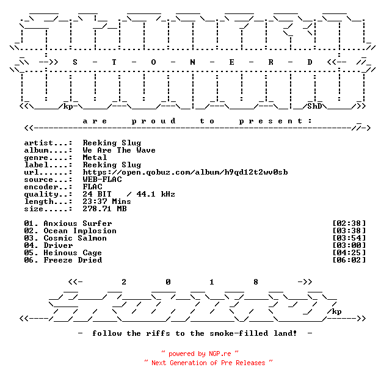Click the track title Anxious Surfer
(x=78, y=223)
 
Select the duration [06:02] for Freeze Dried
(x=349, y=259)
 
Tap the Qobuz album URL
(x=185, y=172)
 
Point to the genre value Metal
(x=95, y=158)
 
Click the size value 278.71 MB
(x=104, y=209)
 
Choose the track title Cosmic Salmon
(x=75, y=238)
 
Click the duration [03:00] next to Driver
(x=349, y=245)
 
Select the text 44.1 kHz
(x=156, y=194)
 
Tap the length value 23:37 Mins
(x=107, y=201)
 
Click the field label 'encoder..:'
(x=48, y=187)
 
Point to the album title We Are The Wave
(x=119, y=150)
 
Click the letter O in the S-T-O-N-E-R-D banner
(x=153, y=62)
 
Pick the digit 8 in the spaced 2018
(x=256, y=282)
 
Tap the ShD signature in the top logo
(x=314, y=106)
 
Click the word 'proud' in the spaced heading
(x=153, y=121)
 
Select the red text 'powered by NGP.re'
(x=200, y=354)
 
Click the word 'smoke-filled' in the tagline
(x=239, y=333)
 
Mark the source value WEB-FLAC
(x=103, y=180)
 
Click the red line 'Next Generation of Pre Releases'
(x=208, y=363)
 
